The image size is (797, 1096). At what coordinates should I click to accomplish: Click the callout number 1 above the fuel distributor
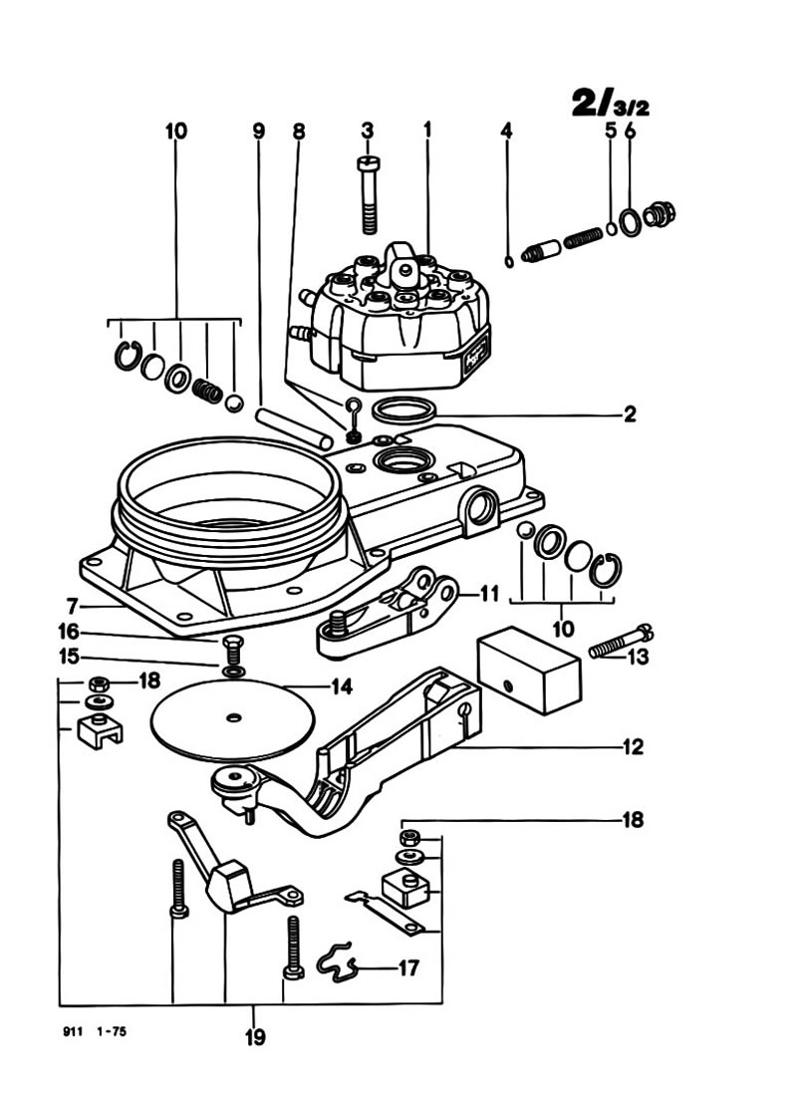pos(427,130)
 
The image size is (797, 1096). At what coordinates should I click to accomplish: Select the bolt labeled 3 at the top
pos(369,194)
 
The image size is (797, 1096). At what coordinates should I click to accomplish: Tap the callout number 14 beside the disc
pos(341,686)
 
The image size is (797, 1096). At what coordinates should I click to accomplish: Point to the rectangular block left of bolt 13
pos(529,669)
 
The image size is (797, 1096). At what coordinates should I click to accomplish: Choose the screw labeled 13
pos(621,641)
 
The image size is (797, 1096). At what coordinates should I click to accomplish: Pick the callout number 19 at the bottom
pos(255,1037)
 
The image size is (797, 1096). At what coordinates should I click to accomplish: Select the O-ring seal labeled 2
pos(404,411)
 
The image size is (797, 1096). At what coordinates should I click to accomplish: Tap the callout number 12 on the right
pos(632,746)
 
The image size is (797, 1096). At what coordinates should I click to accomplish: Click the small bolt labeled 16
pos(233,650)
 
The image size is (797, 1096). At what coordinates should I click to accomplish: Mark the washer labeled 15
pos(233,672)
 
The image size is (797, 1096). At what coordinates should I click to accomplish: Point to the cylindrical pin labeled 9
pos(294,428)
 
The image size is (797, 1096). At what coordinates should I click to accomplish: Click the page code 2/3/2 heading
pos(611,103)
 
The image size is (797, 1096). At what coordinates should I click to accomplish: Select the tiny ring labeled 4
pos(509,261)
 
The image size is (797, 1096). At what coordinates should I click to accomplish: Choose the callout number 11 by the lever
pos(489,594)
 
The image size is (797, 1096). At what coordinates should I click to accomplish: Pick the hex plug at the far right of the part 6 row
pos(659,214)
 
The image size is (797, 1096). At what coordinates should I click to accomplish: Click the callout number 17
pos(408,968)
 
